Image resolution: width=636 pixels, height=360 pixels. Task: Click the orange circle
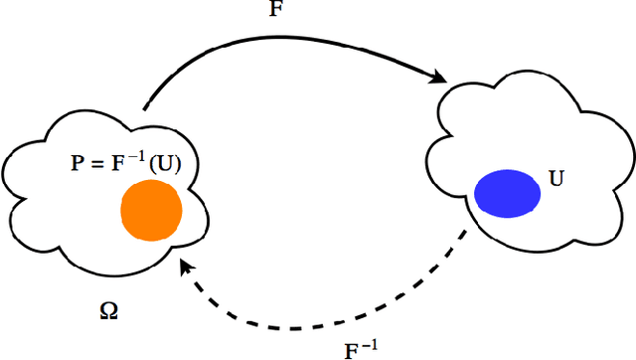[x=151, y=211]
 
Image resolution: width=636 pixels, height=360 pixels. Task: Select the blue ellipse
[x=508, y=194]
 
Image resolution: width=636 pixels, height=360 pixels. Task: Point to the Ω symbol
[x=108, y=310]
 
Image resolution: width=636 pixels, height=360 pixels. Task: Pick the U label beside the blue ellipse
[x=556, y=181]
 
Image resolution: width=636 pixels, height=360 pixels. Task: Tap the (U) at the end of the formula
[x=166, y=164]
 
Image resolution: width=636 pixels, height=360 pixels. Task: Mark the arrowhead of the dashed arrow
[x=186, y=266]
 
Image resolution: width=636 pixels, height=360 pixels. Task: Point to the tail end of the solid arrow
[x=145, y=107]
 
